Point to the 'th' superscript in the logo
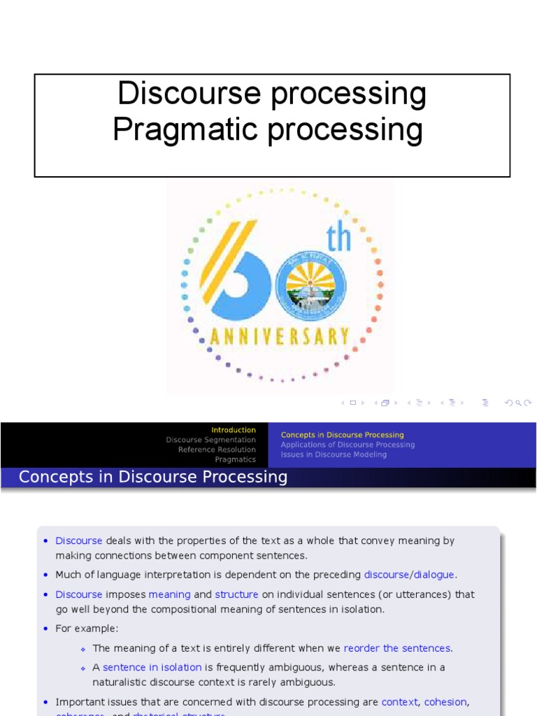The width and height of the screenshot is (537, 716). pyautogui.click(x=338, y=239)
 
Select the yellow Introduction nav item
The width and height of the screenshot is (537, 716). pyautogui.click(x=234, y=430)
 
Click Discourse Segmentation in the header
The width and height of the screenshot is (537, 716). pyautogui.click(x=210, y=440)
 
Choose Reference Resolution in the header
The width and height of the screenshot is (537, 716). pyautogui.click(x=217, y=450)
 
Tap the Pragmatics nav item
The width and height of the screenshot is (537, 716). pyautogui.click(x=235, y=459)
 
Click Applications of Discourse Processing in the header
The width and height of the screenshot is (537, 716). pyautogui.click(x=348, y=445)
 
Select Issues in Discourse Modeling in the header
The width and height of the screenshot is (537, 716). pyautogui.click(x=334, y=454)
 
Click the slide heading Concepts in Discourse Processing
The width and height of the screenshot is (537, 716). pyautogui.click(x=153, y=477)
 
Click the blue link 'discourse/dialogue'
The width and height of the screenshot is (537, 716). pyautogui.click(x=410, y=575)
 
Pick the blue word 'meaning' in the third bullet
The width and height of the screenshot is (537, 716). pyautogui.click(x=169, y=594)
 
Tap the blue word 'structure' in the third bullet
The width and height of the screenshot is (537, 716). pyautogui.click(x=236, y=594)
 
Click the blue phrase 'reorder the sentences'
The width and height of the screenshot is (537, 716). pyautogui.click(x=397, y=648)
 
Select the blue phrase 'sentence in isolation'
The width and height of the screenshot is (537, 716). pyautogui.click(x=152, y=667)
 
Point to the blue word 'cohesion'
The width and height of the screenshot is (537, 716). pyautogui.click(x=445, y=701)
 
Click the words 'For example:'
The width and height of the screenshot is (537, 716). pyautogui.click(x=87, y=629)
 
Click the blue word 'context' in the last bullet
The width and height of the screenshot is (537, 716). pyautogui.click(x=399, y=701)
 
